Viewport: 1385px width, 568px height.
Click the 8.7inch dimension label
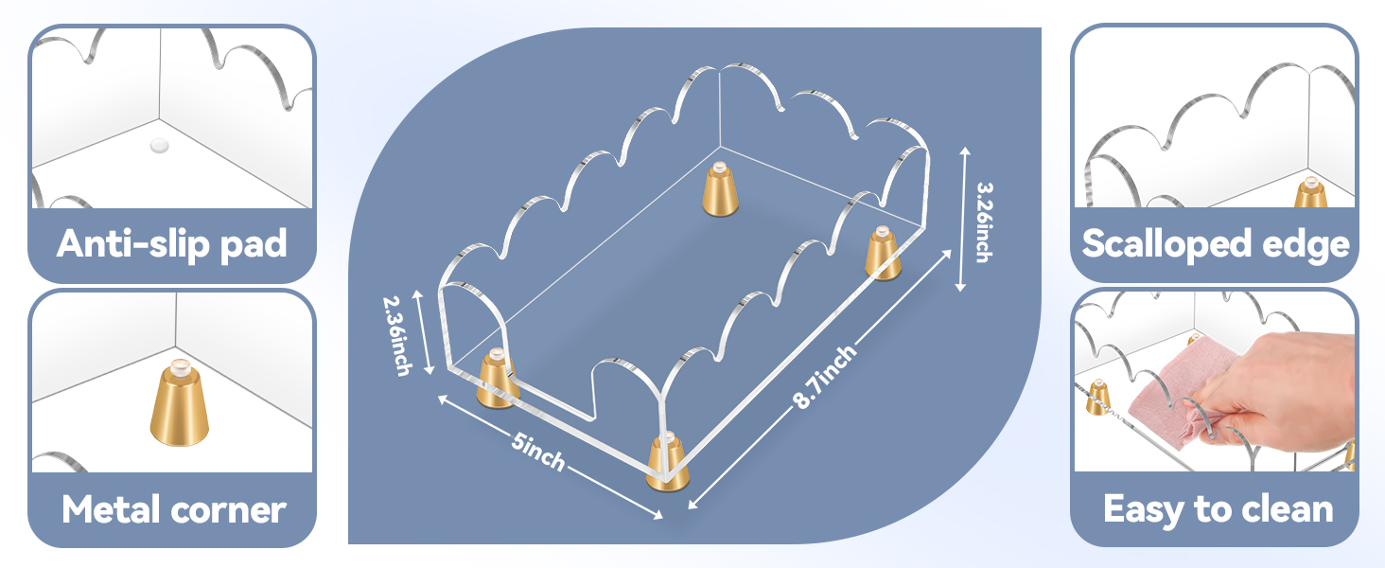(x=826, y=377)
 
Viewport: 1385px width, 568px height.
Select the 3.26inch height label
(x=984, y=222)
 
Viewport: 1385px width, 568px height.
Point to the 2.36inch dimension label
(x=397, y=336)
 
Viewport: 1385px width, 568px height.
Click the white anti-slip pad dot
(x=160, y=146)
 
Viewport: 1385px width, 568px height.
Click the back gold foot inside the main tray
(x=720, y=189)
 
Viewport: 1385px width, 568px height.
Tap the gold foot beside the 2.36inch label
(x=497, y=379)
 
